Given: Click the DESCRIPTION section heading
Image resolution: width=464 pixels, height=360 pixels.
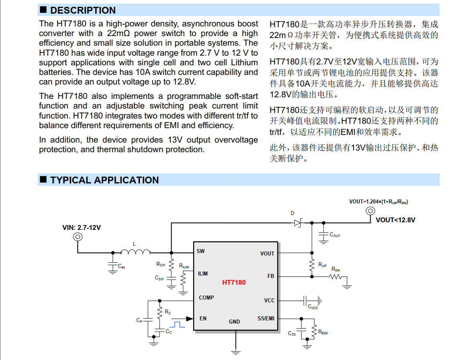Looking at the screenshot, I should [83, 10].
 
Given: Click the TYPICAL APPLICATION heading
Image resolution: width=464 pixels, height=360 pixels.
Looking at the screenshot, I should [104, 180].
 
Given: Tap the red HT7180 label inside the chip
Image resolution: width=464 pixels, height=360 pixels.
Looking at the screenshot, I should [234, 282].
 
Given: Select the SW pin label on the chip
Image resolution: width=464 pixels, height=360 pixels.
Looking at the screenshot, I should [201, 251].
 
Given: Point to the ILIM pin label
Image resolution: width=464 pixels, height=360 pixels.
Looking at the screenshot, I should [203, 274].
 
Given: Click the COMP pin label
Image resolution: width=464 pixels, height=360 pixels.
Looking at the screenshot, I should [206, 298].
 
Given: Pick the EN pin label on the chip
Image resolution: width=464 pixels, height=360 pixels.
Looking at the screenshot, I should [203, 318].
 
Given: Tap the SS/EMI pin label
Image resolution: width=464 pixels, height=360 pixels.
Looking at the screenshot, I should [266, 318].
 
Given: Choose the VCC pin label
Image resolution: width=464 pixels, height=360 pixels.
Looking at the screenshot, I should [269, 300].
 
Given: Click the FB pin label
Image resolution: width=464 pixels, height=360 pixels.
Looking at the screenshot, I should [271, 276].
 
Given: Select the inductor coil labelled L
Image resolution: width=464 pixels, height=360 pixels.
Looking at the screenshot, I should [135, 252].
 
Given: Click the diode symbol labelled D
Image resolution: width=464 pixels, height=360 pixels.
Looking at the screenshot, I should [298, 223].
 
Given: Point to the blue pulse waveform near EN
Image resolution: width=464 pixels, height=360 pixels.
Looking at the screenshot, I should [177, 323].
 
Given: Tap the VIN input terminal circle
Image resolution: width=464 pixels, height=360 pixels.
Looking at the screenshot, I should [77, 237].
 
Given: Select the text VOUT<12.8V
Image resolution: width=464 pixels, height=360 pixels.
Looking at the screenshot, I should [395, 220].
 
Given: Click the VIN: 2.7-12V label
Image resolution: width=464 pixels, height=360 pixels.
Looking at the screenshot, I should [81, 227].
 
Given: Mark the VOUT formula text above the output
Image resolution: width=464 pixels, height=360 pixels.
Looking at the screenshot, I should [379, 202].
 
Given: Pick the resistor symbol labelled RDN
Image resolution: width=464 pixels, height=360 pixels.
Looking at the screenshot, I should [336, 276].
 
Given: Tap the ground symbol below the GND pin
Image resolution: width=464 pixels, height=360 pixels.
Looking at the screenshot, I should [236, 352].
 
